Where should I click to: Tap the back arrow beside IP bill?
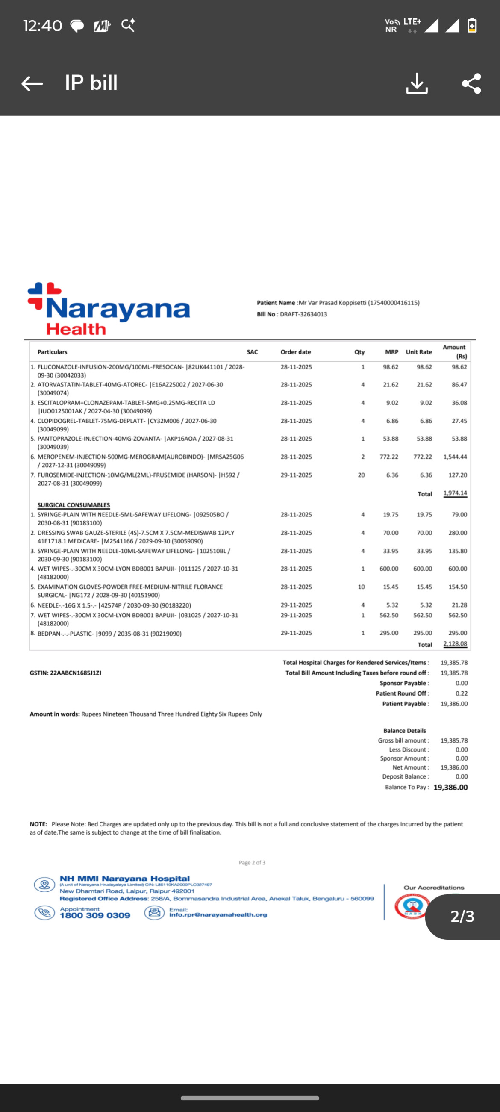coord(32,83)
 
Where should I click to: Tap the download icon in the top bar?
coord(416,83)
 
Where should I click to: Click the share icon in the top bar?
coord(471,83)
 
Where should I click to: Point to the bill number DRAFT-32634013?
coord(303,314)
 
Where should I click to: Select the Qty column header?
coord(359,352)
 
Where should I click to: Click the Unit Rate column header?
coord(418,352)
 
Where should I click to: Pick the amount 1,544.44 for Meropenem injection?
coord(455,457)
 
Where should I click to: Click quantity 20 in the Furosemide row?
coord(361,475)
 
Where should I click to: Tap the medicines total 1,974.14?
coord(455,493)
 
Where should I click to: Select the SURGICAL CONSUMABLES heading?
coord(74,505)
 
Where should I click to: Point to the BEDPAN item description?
coord(109,634)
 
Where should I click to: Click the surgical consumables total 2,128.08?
coord(455,643)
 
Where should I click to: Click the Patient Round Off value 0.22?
coord(461,693)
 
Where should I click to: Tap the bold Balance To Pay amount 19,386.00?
coord(450,788)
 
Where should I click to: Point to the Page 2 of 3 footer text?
coord(252,862)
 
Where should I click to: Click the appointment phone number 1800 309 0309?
coord(95,916)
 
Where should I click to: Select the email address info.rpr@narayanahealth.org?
coord(218,915)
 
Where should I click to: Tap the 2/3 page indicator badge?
coord(462,917)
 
